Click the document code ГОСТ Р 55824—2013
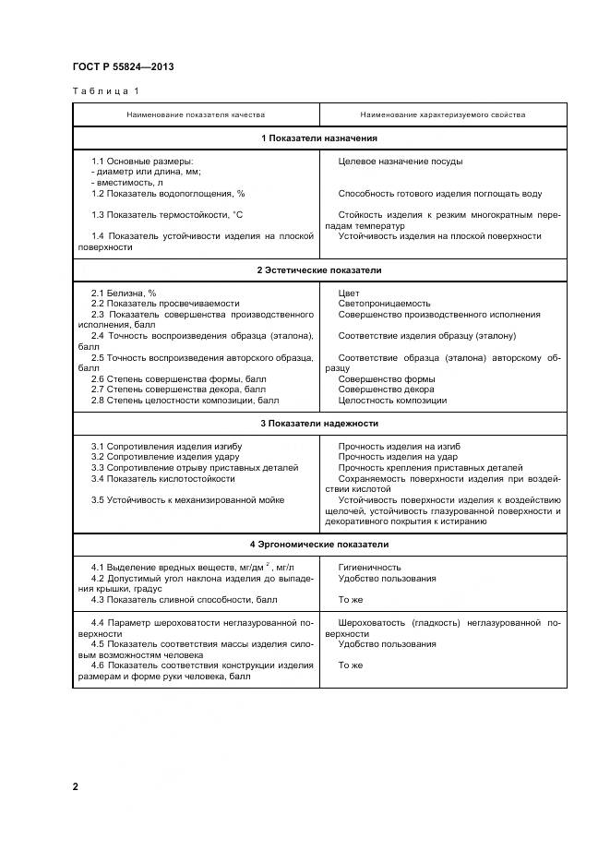(123, 67)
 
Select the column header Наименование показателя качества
(196, 115)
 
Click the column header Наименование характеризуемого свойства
(443, 115)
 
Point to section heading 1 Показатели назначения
(319, 138)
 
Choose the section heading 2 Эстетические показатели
(319, 270)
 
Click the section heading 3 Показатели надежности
(319, 424)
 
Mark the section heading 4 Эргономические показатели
(319, 545)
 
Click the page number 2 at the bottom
(77, 786)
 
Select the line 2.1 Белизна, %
(124, 293)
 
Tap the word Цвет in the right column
(349, 293)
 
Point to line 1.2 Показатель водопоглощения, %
(168, 194)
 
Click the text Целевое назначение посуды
(401, 162)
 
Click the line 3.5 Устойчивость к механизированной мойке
(187, 500)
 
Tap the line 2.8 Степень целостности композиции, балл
(185, 402)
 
